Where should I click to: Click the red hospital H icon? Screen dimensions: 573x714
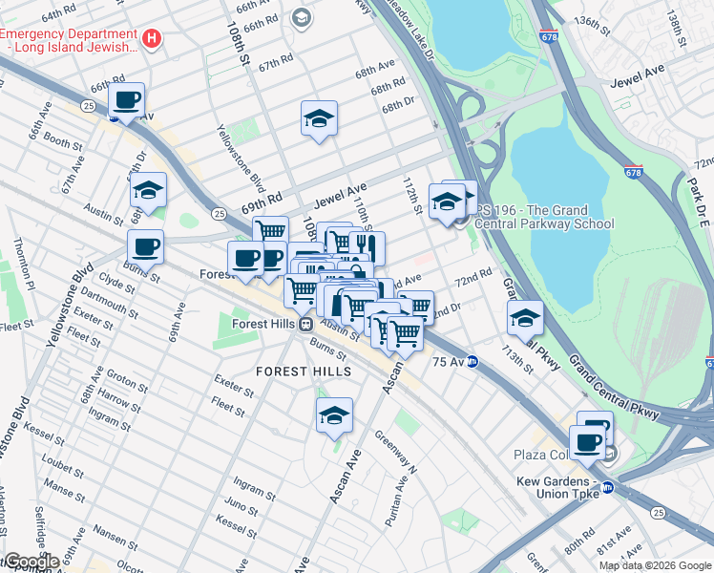pos(152,37)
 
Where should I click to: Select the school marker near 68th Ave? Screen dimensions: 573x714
pos(319,118)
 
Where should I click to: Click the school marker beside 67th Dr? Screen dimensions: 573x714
pos(148,190)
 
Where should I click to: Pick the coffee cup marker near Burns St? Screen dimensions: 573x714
pos(145,247)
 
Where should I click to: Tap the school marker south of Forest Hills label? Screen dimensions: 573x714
pos(334,416)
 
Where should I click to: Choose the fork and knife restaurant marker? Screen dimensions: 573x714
pos(367,248)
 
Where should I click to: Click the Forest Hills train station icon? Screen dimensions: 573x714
pos(306,324)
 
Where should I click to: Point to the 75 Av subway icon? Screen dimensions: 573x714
pos(472,362)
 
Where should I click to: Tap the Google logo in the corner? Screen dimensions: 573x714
pos(31,562)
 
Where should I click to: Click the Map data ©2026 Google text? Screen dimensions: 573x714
pos(654,565)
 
